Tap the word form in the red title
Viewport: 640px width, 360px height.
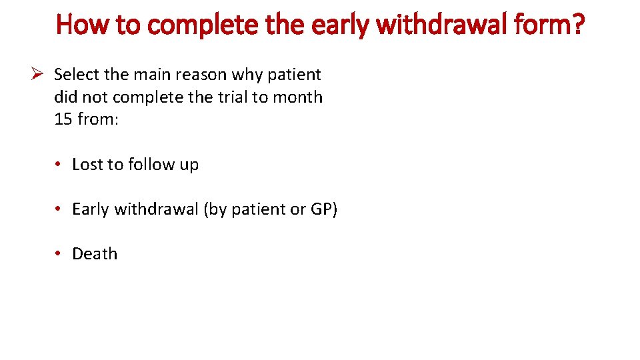pyautogui.click(x=538, y=25)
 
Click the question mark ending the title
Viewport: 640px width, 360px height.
pyautogui.click(x=577, y=25)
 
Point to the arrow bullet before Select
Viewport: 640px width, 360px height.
pyautogui.click(x=38, y=74)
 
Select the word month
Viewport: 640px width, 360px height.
pyautogui.click(x=297, y=97)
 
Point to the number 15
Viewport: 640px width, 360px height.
pyautogui.click(x=63, y=120)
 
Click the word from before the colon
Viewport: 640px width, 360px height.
pyautogui.click(x=95, y=120)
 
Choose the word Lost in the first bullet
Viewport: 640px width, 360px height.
pyautogui.click(x=87, y=165)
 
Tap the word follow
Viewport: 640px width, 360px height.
pyautogui.click(x=147, y=165)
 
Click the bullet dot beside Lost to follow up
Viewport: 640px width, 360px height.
pyautogui.click(x=59, y=165)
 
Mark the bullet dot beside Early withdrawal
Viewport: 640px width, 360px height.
pyautogui.click(x=59, y=209)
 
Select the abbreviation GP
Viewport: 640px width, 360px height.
pyautogui.click(x=323, y=209)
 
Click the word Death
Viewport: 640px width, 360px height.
pyautogui.click(x=95, y=254)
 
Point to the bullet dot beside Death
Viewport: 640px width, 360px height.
pyautogui.click(x=59, y=254)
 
